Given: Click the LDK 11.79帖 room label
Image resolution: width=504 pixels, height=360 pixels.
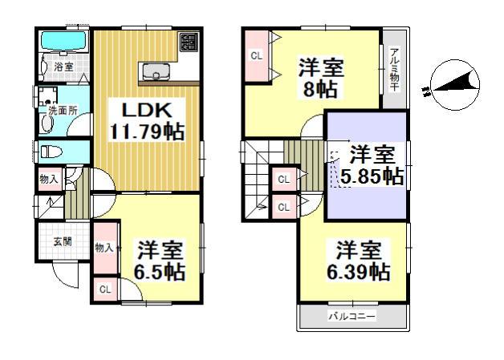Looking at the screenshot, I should [x=146, y=121].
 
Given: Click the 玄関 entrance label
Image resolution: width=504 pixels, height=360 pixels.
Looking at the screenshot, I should [x=63, y=241].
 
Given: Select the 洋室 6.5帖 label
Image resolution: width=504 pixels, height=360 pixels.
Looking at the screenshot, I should [x=159, y=261].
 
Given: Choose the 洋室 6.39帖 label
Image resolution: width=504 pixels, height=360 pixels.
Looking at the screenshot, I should [x=357, y=261].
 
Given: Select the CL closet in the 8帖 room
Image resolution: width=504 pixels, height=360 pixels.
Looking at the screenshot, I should [x=256, y=56].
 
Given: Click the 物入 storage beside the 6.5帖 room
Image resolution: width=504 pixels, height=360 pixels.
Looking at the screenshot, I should [x=104, y=249].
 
